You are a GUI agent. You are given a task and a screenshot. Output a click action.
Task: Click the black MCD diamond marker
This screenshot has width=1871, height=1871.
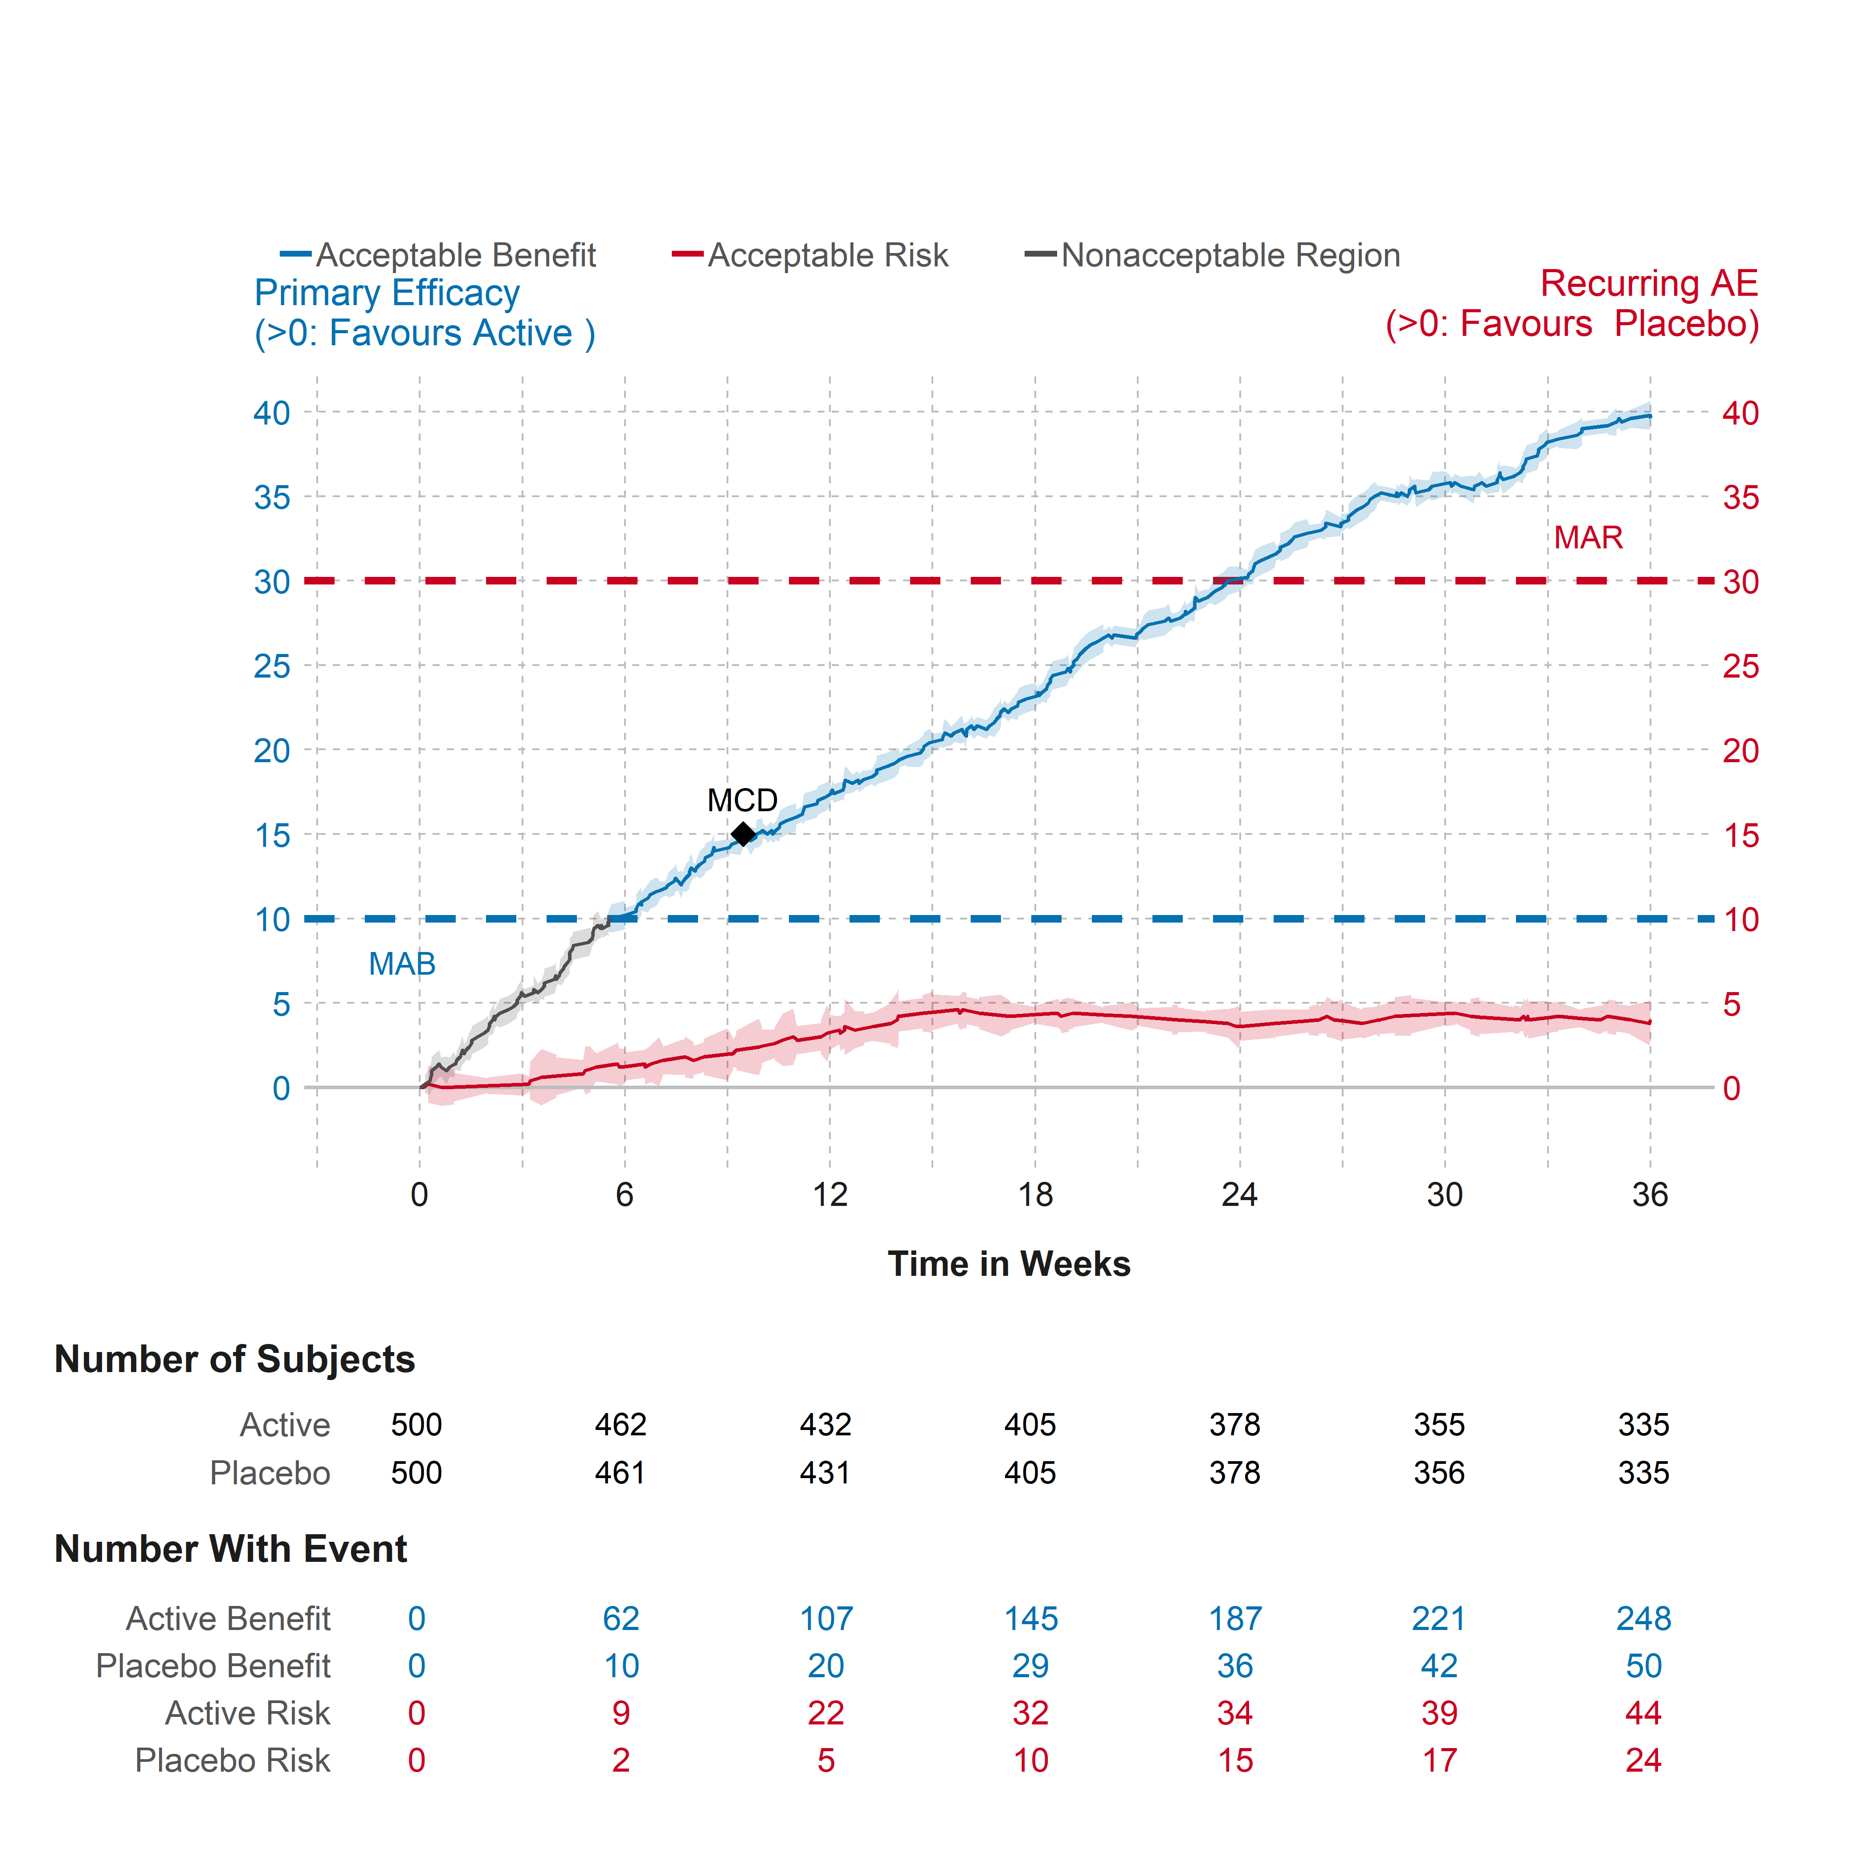click(743, 834)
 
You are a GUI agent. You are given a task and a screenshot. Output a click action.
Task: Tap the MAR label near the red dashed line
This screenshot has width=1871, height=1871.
click(1588, 538)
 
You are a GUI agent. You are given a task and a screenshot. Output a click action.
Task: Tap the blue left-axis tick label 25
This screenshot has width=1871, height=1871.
click(272, 666)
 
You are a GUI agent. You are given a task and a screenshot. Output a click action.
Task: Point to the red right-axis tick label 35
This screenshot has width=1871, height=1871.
click(1740, 498)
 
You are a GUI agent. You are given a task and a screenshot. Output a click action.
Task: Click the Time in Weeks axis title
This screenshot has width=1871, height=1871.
click(1009, 1264)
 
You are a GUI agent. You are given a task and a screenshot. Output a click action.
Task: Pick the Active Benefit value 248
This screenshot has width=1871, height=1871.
click(1643, 1618)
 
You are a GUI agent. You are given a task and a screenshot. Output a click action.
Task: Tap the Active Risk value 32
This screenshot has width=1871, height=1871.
click(1030, 1713)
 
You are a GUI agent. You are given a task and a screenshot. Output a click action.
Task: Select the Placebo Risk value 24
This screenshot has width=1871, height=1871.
click(1643, 1761)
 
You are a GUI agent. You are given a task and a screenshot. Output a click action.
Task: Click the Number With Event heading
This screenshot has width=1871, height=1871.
click(230, 1548)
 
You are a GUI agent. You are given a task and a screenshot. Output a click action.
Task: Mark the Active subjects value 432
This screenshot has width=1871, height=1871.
click(825, 1425)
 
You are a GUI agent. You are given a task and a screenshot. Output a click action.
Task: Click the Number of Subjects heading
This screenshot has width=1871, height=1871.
click(234, 1359)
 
